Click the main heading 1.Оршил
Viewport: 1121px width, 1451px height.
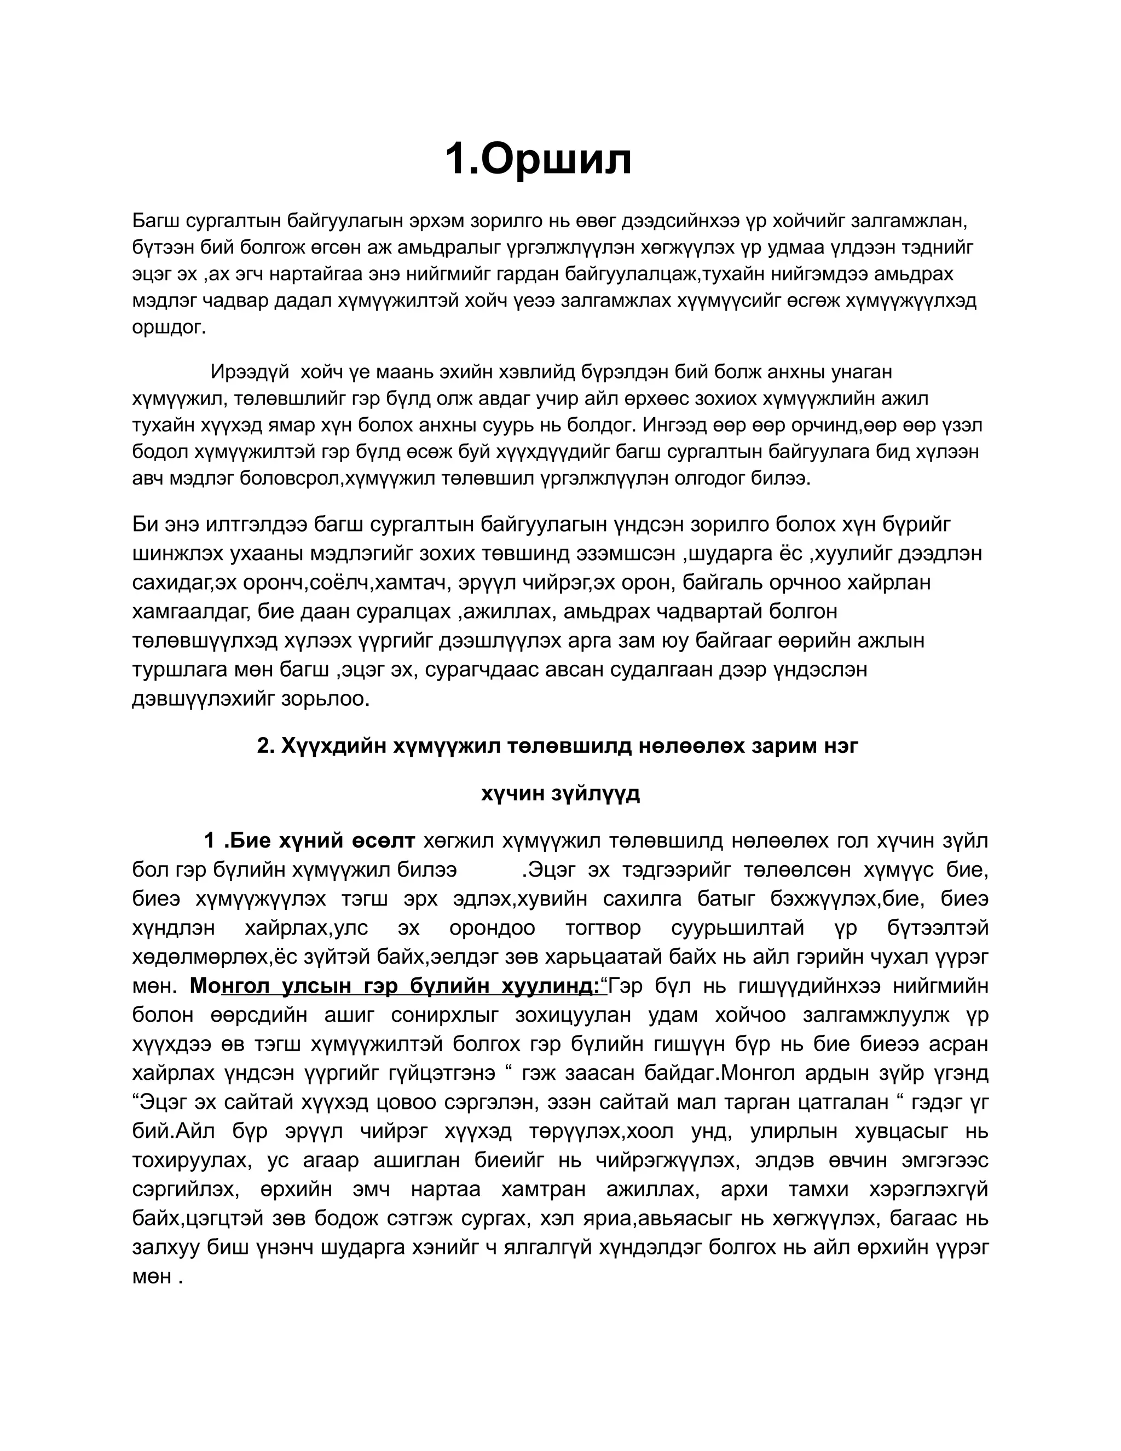[x=538, y=160]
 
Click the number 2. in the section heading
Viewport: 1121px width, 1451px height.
[x=265, y=746]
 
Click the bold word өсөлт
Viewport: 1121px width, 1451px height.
[x=382, y=841]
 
